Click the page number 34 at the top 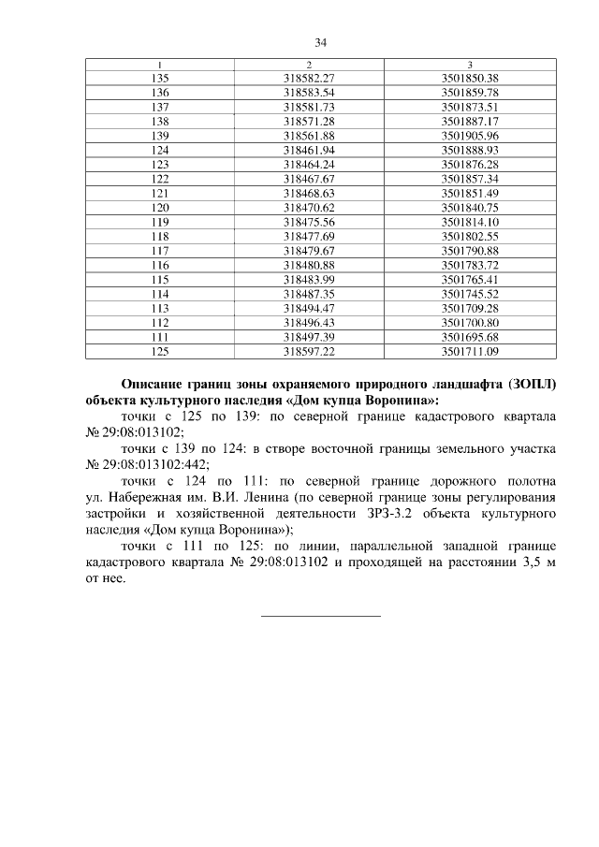(320, 42)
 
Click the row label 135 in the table (160, 78)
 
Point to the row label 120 (160, 207)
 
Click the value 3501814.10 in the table (470, 222)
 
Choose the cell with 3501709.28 (470, 308)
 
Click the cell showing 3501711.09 (470, 351)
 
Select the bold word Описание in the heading (155, 384)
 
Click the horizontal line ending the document (320, 615)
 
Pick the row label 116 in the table (160, 265)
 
